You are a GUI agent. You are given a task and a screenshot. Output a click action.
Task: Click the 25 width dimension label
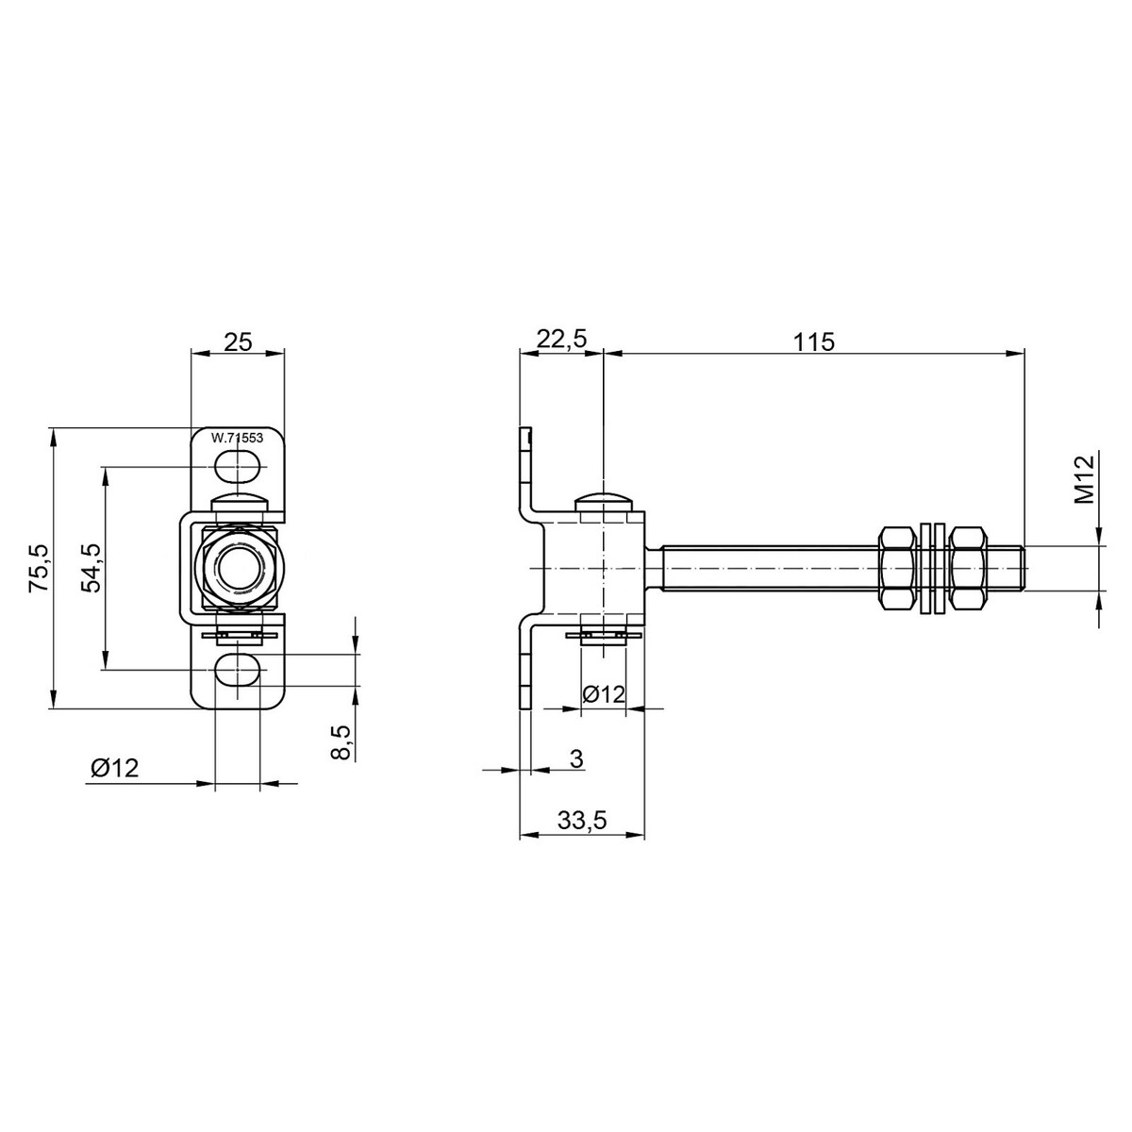click(238, 341)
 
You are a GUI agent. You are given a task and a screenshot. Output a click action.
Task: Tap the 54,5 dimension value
click(91, 567)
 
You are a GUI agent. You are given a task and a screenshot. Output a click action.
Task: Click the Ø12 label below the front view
click(115, 768)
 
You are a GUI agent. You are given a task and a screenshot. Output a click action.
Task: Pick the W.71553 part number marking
click(237, 438)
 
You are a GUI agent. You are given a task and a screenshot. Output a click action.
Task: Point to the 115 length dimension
click(814, 341)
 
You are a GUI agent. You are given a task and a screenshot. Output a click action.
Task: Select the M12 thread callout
click(1084, 479)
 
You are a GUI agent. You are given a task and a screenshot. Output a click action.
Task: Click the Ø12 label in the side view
click(604, 694)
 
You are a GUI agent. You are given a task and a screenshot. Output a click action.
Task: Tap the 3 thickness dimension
click(577, 758)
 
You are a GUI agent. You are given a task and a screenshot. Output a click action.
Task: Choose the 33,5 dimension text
click(581, 822)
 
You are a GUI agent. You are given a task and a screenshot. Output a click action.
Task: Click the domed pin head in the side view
click(604, 500)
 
